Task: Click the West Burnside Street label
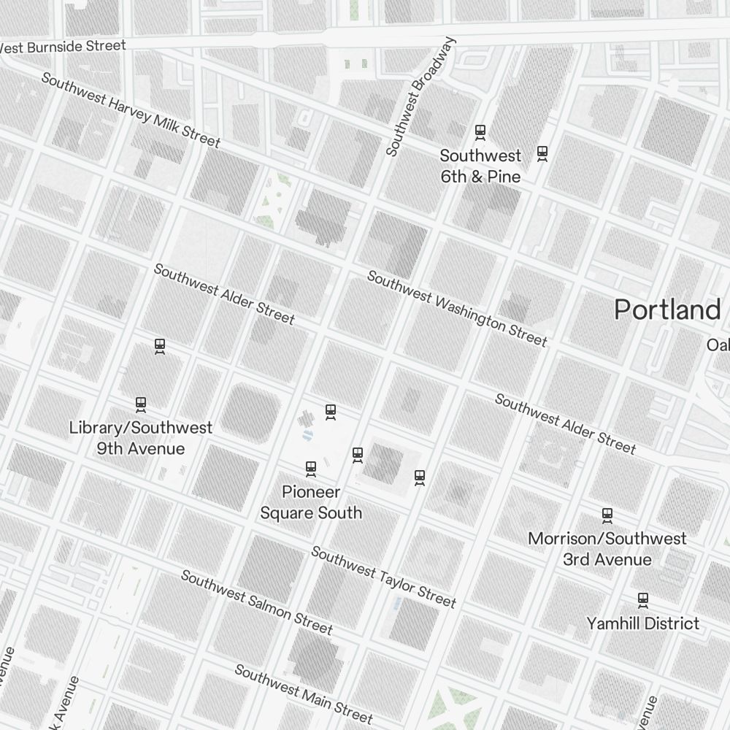pos(64,47)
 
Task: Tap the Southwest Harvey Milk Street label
pos(130,109)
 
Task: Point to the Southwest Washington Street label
pos(456,309)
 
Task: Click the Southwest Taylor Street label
pos(383,577)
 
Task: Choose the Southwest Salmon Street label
pos(256,602)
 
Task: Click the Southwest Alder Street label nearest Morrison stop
pos(565,423)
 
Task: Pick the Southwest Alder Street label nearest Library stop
pos(224,293)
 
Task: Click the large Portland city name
pos(667,310)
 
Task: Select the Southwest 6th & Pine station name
pos(480,166)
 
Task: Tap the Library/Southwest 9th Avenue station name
pos(141,438)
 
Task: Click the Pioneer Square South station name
pos(311,502)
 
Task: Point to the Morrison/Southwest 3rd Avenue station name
pos(607,549)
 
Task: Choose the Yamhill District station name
pos(642,623)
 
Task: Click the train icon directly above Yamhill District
pos(642,600)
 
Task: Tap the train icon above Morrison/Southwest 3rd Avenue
pos(607,515)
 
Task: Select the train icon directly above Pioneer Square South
pos(311,468)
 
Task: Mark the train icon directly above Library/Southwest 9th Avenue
pos(141,404)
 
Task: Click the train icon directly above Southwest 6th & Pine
pos(480,132)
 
